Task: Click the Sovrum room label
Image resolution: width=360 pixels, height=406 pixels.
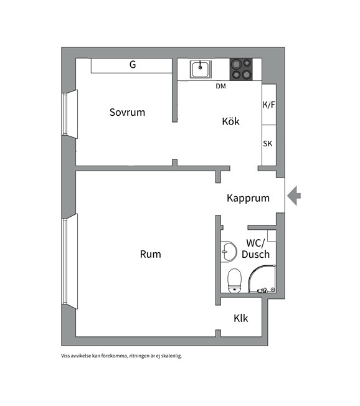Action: click(127, 112)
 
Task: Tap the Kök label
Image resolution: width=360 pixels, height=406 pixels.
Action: click(231, 121)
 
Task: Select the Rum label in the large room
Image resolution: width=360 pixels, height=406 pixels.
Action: click(151, 254)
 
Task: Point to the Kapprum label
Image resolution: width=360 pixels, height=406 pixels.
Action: click(248, 198)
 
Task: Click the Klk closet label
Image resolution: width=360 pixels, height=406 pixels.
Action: click(241, 318)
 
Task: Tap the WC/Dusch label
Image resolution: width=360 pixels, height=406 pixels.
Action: click(255, 248)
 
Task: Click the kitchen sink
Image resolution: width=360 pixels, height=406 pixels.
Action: click(201, 69)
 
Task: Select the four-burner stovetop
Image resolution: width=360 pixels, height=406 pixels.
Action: click(241, 69)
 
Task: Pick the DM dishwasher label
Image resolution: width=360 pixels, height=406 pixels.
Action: click(220, 86)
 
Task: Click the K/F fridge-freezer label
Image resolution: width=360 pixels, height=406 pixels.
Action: click(269, 105)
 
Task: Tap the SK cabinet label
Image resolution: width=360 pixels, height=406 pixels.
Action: click(268, 144)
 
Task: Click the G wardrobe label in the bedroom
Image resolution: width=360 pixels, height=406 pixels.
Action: click(133, 65)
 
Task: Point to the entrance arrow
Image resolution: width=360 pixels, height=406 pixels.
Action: click(294, 196)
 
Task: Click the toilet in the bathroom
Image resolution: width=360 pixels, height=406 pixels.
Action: click(235, 281)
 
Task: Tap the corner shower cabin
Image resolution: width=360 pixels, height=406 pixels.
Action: click(262, 279)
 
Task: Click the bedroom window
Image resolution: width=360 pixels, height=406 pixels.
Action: click(69, 114)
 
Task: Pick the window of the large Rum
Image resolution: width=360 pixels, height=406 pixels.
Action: click(69, 262)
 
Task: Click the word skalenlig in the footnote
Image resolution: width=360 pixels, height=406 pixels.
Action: click(171, 356)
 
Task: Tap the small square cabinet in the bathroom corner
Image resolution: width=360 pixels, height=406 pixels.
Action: click(272, 235)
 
